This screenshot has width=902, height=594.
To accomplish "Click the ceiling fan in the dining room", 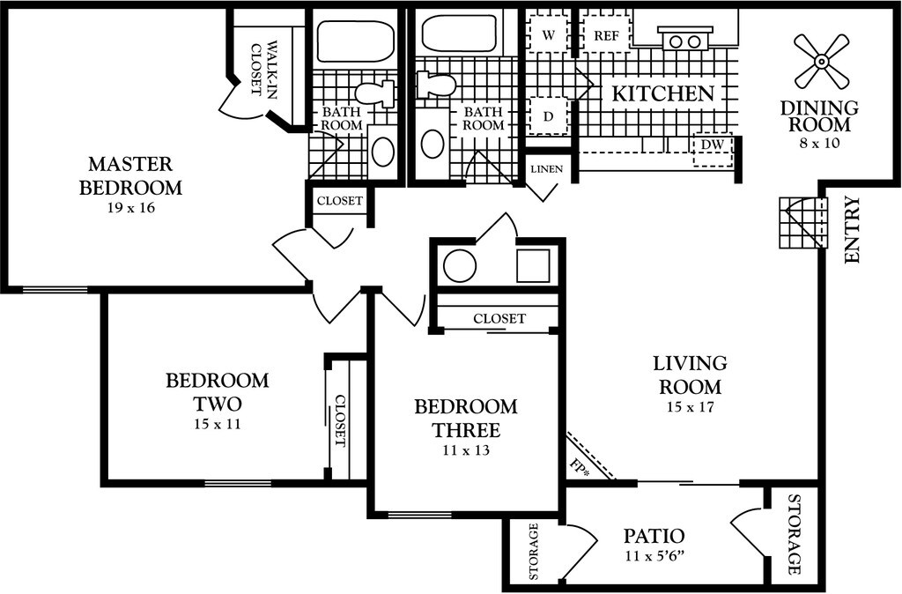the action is pos(822,61).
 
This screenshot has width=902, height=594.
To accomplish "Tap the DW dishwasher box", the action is pos(713,150).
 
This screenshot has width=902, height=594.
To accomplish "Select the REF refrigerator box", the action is pos(606,35).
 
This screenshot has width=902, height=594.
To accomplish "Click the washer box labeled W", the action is pos(548,35).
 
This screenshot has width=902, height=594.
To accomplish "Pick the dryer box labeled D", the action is pos(548,116).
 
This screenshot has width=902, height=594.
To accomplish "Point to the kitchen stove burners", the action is pos(685,41).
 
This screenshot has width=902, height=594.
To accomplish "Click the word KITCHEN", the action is pos(662,93).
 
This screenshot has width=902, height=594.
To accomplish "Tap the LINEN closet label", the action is pos(546,169).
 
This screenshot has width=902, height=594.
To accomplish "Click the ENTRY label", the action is pos(852,230).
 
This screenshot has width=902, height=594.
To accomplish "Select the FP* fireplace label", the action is pos(580,467).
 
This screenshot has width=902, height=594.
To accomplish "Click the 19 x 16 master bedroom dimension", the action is pos(131,208).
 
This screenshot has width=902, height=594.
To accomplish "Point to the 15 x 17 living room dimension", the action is pos(691,407).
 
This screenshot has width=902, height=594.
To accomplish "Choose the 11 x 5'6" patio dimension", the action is pos(654,557).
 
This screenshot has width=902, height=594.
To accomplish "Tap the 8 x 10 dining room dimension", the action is pos(819,143).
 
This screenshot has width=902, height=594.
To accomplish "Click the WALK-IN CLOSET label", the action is pos(263,69).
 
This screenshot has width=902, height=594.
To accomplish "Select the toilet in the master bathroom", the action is pos(374,93).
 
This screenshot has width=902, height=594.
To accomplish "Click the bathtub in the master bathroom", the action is pos(356,41).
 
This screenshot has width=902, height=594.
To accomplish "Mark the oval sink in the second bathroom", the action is pos(432,144).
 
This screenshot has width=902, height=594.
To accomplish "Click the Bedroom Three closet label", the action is pos(499,318).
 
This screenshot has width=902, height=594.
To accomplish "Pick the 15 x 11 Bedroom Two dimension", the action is pos(218,424).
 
